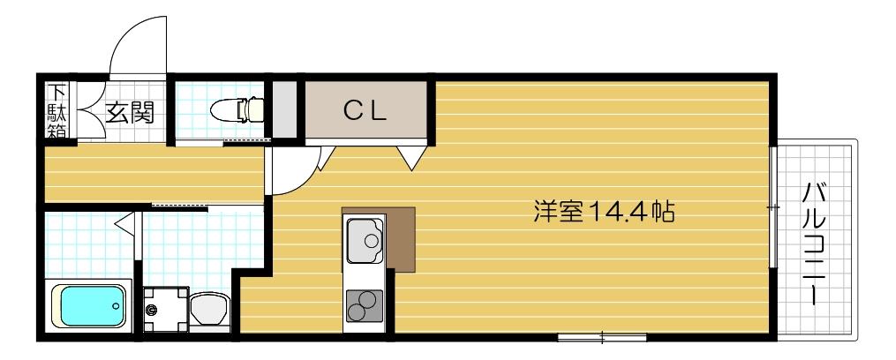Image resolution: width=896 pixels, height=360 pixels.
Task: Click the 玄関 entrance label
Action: [131, 112]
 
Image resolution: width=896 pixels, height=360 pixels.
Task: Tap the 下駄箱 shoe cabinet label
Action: [56, 111]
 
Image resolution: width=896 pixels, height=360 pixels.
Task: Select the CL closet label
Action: [365, 109]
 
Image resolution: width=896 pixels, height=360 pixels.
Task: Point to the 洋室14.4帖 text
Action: [605, 212]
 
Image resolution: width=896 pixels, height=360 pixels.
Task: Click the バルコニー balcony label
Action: [813, 243]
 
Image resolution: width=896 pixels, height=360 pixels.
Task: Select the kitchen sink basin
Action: [365, 239]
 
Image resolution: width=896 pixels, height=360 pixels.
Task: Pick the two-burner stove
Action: [364, 306]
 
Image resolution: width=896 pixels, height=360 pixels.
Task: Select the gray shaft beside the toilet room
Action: [282, 109]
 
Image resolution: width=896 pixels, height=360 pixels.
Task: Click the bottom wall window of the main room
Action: [602, 336]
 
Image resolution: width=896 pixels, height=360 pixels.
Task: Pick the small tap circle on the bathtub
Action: [116, 306]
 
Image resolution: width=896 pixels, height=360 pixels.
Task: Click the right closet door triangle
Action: [410, 157]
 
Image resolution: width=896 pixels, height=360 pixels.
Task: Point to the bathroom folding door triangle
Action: [126, 222]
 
